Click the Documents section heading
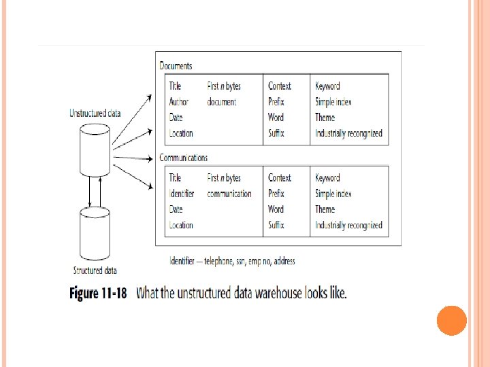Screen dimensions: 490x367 click(176, 66)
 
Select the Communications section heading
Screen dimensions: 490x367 click(183, 158)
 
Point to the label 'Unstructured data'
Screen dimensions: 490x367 click(95, 113)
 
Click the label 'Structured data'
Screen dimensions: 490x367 click(95, 270)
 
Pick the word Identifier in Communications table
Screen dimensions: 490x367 click(181, 194)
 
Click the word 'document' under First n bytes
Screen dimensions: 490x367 click(222, 102)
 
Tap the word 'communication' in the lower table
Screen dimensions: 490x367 click(229, 194)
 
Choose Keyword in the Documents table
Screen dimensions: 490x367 click(327, 86)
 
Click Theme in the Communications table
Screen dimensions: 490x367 click(325, 209)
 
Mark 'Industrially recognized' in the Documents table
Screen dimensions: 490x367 click(348, 133)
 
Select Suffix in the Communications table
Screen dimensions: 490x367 click(276, 225)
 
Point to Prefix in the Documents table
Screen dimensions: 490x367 click(276, 102)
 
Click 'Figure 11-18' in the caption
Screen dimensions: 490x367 click(99, 294)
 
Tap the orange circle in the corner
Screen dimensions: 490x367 click(451, 321)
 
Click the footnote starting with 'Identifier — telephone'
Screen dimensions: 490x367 click(232, 260)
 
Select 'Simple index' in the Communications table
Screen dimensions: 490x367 click(333, 194)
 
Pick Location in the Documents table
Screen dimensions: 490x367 click(180, 133)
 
